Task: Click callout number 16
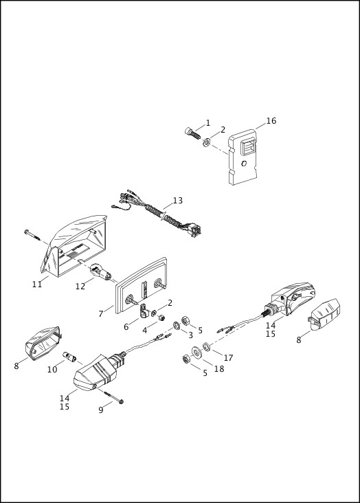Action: pos(271,121)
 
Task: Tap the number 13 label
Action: pos(177,201)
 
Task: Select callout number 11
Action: pos(37,284)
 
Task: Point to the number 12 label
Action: pos(80,287)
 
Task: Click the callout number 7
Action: pos(101,313)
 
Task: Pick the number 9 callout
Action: pos(100,410)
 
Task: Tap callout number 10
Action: pos(52,370)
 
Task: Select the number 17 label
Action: pos(228,357)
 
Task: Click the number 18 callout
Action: pos(218,369)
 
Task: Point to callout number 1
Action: pos(208,123)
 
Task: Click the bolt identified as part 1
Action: pos(190,133)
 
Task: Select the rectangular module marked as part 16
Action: pos(243,159)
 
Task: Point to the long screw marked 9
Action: pos(113,396)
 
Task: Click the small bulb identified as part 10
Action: pos(69,356)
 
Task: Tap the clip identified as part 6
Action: pos(144,310)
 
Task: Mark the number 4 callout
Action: pos(145,330)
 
